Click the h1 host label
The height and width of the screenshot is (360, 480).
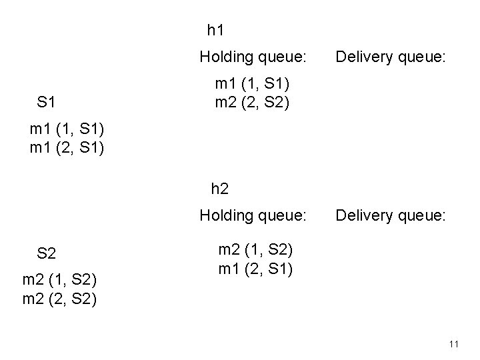[215, 30]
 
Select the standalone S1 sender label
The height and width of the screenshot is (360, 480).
[46, 103]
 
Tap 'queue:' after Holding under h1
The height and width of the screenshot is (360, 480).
[285, 59]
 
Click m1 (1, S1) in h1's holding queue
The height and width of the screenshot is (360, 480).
[252, 85]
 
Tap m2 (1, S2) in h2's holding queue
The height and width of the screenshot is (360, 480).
[255, 251]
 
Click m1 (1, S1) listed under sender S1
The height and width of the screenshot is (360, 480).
[67, 128]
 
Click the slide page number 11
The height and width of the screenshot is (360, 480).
[454, 344]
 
